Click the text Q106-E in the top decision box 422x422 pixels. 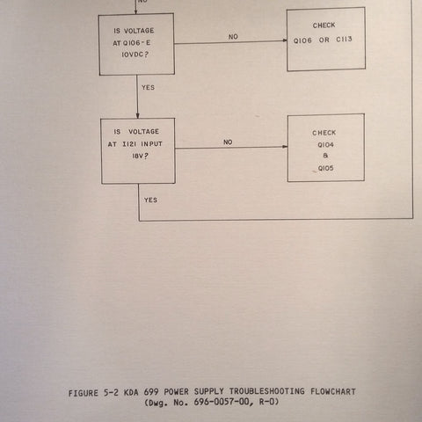[136, 43]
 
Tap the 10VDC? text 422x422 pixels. [135, 55]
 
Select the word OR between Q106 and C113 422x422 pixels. [324, 40]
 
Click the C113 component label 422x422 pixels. [344, 40]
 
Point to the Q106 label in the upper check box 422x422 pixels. [302, 40]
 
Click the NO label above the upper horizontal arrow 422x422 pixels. [233, 37]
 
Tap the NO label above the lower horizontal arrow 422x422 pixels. [228, 142]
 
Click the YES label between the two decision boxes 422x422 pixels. [148, 87]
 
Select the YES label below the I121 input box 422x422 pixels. [150, 200]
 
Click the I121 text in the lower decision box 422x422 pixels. [130, 144]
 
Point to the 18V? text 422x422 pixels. [141, 156]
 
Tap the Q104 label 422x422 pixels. [325, 145]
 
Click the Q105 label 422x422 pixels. [326, 168]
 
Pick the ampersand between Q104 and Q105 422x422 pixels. [325, 156]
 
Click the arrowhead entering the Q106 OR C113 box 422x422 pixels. [285, 40]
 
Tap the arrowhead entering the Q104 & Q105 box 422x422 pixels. [285, 147]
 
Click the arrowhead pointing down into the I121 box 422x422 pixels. [137, 116]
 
